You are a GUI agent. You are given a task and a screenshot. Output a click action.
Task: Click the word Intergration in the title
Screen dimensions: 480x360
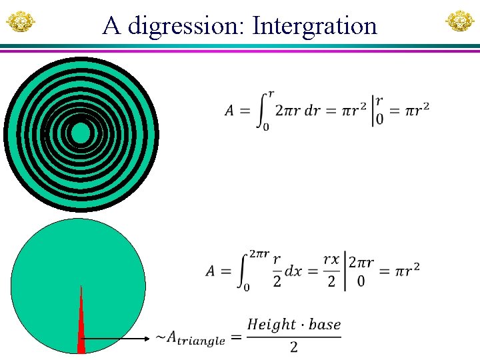point(315,26)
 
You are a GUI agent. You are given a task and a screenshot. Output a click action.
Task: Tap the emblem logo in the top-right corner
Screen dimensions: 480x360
point(459,22)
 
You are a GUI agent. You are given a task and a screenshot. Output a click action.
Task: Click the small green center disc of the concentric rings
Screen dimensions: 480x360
point(80,133)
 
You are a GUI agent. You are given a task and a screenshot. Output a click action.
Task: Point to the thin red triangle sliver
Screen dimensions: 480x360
point(81,327)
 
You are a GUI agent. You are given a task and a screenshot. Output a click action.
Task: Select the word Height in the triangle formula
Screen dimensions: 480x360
point(271,325)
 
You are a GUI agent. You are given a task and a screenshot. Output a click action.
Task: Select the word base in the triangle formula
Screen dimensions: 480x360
point(325,325)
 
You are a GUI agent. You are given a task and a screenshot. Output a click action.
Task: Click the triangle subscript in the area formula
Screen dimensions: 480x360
point(198,341)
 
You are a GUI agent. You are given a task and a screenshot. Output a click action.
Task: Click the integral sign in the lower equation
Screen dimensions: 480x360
point(243,271)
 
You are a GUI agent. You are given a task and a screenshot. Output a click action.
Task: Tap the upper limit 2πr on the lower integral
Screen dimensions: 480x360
point(259,254)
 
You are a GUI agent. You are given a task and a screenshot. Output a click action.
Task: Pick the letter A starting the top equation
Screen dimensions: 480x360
point(229,111)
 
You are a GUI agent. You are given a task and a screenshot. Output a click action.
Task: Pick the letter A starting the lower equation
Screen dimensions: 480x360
point(211,271)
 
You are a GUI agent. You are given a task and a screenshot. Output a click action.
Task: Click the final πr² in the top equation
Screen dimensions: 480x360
point(416,109)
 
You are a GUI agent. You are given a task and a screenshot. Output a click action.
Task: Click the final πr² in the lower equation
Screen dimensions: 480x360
point(406,269)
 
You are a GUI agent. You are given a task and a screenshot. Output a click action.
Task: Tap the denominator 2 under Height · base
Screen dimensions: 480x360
point(293,347)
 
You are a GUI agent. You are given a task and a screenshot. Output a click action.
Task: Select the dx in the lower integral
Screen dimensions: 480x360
point(293,271)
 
